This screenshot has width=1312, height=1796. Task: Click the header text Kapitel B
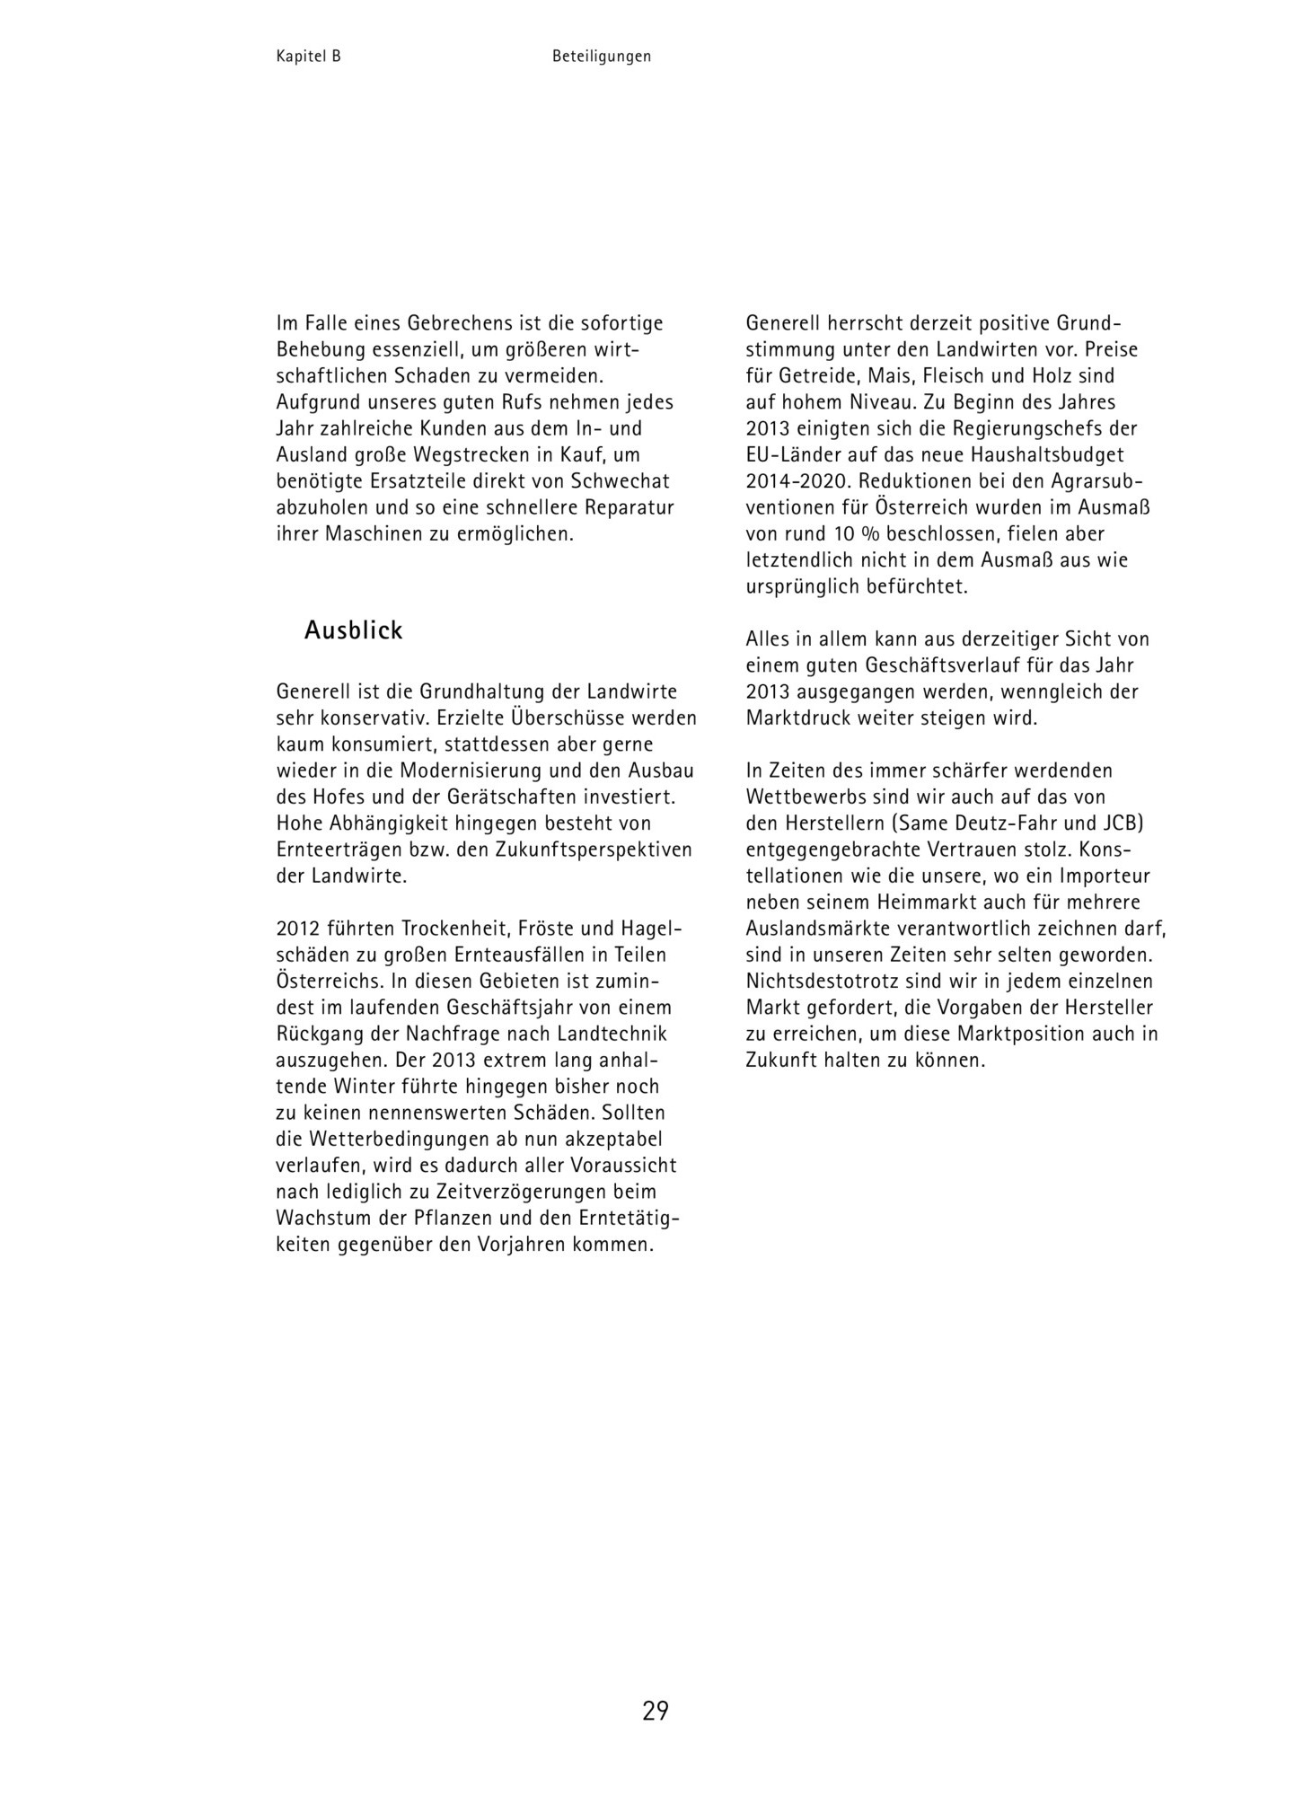(x=308, y=57)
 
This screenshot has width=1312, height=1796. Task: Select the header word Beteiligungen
(x=602, y=57)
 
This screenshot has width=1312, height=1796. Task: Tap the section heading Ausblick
(x=353, y=630)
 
